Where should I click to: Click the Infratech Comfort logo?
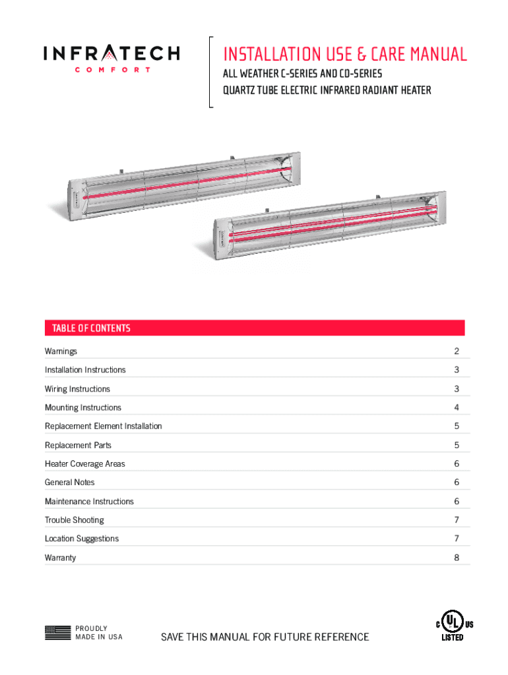111,58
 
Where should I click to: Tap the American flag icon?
57,633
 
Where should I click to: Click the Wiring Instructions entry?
77,389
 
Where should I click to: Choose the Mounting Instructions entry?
83,407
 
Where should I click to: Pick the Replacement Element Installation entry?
103,426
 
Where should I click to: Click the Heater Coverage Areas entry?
84,463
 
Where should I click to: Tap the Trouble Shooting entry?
74,520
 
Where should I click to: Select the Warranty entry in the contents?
60,558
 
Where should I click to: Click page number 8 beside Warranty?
456,558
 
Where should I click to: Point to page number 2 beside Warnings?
456,351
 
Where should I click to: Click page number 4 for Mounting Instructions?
456,407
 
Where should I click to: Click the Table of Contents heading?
87,328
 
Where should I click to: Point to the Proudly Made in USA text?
99,633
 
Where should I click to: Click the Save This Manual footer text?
265,637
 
